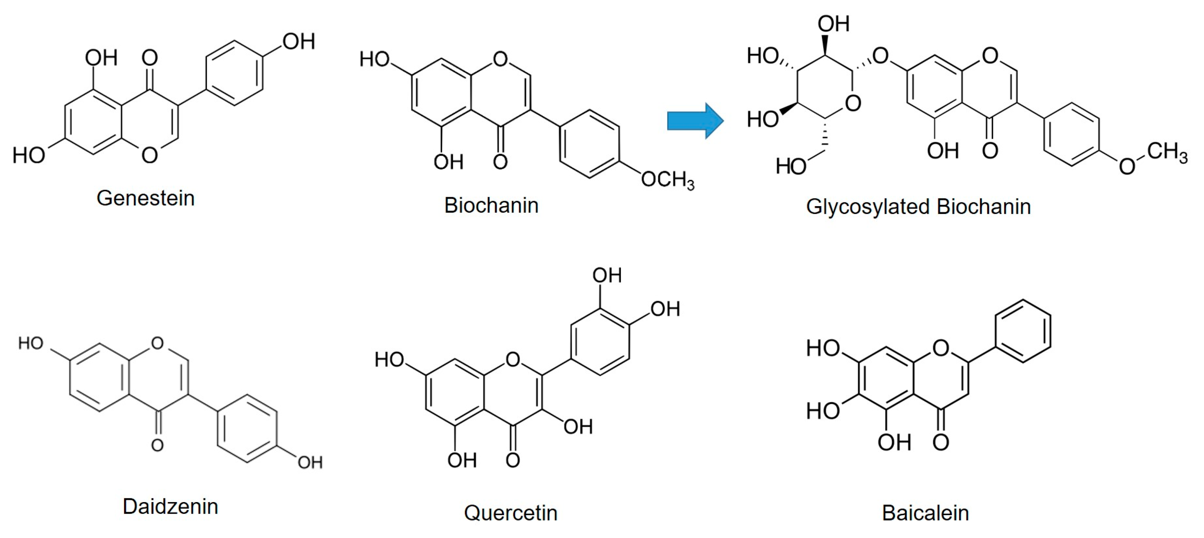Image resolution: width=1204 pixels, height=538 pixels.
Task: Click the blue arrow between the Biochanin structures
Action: (x=695, y=120)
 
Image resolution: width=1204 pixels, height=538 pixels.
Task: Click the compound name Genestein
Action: (x=145, y=198)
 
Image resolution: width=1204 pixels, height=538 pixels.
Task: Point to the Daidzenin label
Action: (x=170, y=506)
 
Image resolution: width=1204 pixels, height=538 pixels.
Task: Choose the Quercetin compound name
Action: (x=511, y=513)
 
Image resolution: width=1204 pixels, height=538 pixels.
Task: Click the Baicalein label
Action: (x=925, y=513)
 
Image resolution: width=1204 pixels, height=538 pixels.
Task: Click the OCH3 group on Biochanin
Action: (x=667, y=180)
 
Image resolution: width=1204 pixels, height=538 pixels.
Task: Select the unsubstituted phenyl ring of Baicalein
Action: (x=1023, y=331)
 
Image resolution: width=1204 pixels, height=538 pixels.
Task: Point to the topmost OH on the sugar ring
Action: (x=833, y=24)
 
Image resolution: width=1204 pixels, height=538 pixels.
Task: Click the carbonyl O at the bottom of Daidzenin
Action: (x=158, y=445)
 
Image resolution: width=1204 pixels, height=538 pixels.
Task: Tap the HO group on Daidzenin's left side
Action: (x=31, y=344)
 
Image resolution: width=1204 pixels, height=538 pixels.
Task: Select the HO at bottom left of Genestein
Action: (x=29, y=155)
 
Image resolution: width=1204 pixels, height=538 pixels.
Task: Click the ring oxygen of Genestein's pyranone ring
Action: (x=149, y=155)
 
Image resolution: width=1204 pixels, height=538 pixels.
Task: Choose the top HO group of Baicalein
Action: (x=823, y=348)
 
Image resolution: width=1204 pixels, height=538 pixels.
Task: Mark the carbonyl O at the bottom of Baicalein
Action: (x=941, y=442)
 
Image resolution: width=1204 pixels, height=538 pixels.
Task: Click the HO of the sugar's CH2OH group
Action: (x=791, y=166)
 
